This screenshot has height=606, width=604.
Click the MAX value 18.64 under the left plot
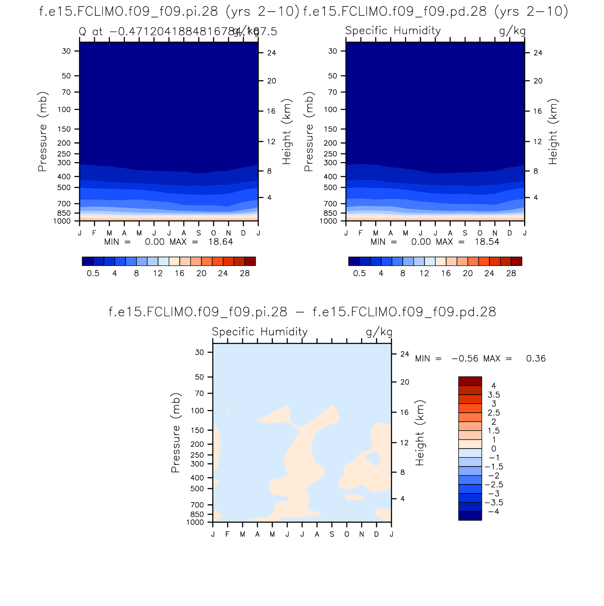tap(221, 242)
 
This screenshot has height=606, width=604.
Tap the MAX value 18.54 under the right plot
tap(487, 242)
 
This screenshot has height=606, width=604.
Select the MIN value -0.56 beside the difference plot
tap(465, 359)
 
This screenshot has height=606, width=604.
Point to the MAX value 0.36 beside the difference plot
tap(536, 359)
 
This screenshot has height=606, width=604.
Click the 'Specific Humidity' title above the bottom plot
tap(260, 332)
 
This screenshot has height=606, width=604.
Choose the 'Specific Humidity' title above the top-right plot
tap(393, 31)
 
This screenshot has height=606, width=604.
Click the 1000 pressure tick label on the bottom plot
tap(195, 523)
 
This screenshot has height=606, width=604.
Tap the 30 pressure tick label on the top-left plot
tap(66, 51)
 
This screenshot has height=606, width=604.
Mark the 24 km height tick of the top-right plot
tap(538, 53)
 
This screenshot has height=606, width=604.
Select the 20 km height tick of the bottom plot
tap(405, 382)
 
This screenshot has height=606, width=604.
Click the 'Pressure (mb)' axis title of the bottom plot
tap(176, 433)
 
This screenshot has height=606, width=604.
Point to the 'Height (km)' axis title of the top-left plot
tap(286, 132)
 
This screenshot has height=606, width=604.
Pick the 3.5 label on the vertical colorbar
tap(494, 395)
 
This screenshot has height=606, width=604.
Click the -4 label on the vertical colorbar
tap(494, 512)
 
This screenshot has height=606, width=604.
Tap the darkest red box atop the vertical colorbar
tap(470, 381)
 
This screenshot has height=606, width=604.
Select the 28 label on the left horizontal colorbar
tap(245, 273)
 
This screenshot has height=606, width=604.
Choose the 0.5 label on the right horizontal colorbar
tap(359, 273)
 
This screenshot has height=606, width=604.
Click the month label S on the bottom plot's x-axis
tap(332, 535)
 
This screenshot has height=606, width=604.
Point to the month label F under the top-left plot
tap(94, 233)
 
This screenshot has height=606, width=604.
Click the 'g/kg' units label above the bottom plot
tap(379, 332)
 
